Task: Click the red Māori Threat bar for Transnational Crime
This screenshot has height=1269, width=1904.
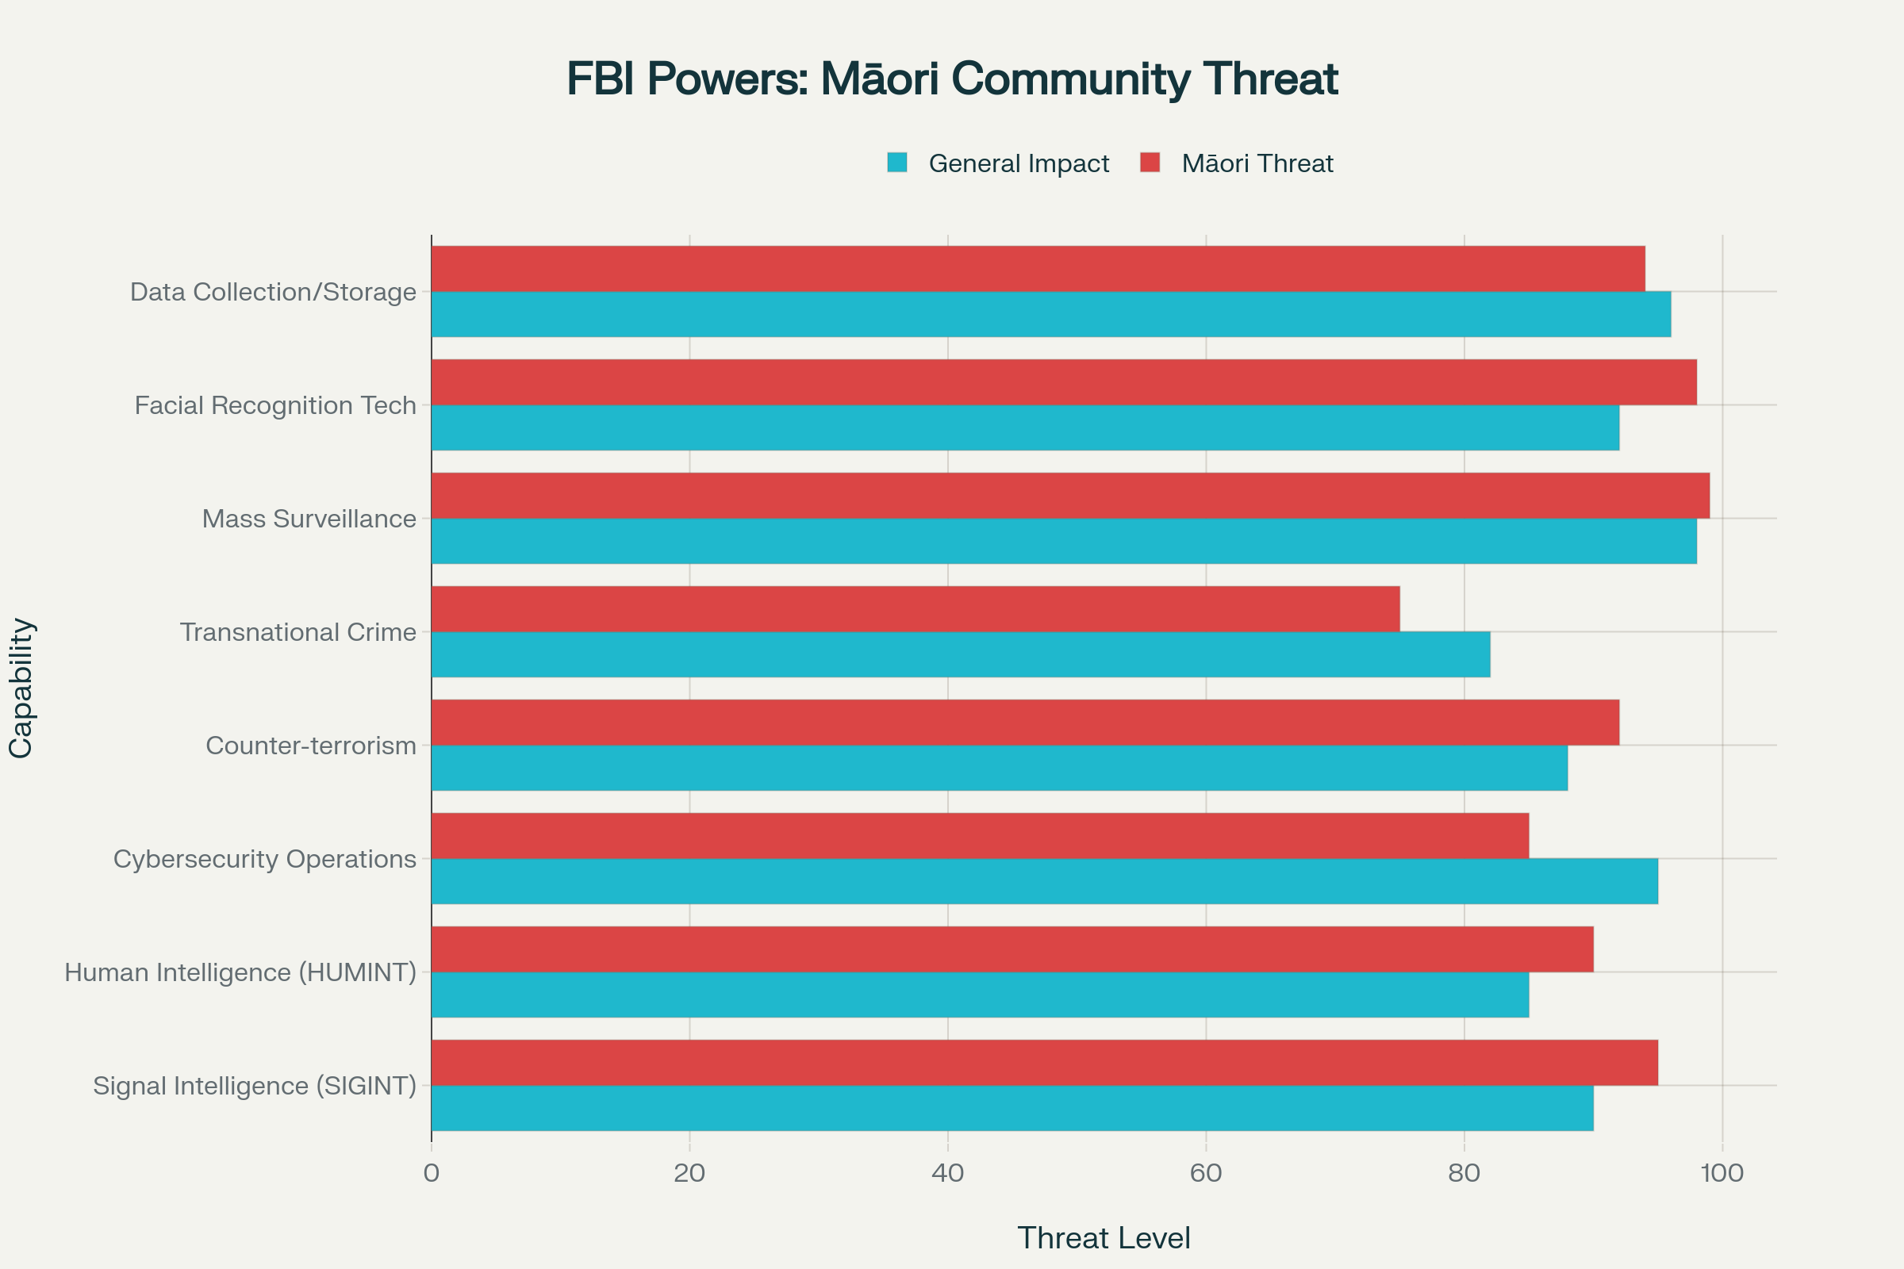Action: tap(915, 608)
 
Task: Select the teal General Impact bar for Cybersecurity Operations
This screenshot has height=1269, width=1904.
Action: tap(1044, 881)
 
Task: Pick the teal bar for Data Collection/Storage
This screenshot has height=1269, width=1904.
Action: tap(1050, 314)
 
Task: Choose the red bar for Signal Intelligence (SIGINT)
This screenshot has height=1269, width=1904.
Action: tap(1044, 1063)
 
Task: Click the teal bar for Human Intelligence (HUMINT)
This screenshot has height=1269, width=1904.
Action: tap(980, 995)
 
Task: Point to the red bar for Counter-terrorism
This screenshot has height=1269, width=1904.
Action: tap(1025, 722)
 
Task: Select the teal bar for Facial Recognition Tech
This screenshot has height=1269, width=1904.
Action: tap(1025, 427)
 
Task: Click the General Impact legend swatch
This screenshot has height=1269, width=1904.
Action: tap(897, 163)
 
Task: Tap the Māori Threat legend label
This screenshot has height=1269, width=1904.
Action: tap(1257, 163)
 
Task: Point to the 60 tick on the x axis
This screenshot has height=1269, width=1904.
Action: tap(1205, 1173)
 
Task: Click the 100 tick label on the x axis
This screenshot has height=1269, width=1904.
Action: tap(1722, 1173)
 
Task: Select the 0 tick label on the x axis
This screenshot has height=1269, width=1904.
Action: tap(432, 1173)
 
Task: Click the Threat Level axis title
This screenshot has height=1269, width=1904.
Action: tap(1104, 1237)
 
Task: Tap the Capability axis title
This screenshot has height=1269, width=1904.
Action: tap(21, 688)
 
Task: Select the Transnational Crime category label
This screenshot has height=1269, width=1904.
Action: tap(298, 632)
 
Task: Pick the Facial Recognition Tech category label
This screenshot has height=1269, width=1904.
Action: tap(275, 405)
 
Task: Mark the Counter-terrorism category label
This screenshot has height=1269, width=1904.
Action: tap(311, 746)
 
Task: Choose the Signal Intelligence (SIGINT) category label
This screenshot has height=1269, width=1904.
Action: tap(254, 1085)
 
